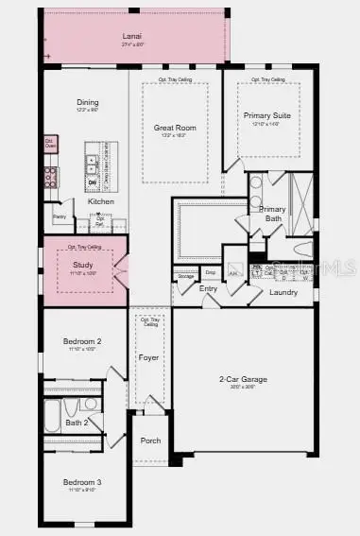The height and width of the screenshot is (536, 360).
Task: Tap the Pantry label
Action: (60, 217)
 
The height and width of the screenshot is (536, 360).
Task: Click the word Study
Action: (83, 266)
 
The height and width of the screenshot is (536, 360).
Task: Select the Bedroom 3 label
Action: (82, 482)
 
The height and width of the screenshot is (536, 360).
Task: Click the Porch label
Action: (150, 441)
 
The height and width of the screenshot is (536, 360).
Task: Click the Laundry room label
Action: (283, 292)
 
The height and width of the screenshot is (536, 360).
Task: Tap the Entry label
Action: (209, 289)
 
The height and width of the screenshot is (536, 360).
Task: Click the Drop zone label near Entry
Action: (210, 272)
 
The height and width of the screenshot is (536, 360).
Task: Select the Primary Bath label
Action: (272, 213)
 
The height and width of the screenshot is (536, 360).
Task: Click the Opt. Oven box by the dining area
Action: (49, 143)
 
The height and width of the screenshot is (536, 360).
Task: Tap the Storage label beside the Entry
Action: (184, 276)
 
